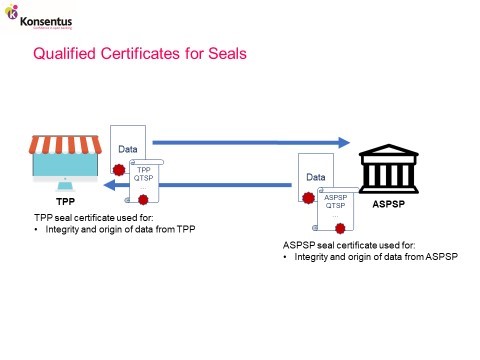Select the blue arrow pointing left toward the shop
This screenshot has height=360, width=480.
tap(230, 182)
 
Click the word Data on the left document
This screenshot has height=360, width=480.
tap(128, 149)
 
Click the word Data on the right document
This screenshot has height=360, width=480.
tap(316, 177)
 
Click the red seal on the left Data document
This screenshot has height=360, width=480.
tap(119, 171)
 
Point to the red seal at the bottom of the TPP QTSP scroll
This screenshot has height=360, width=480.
tap(143, 200)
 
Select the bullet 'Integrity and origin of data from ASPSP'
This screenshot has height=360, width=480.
tap(375, 257)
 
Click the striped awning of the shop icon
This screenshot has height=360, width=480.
tap(66, 147)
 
